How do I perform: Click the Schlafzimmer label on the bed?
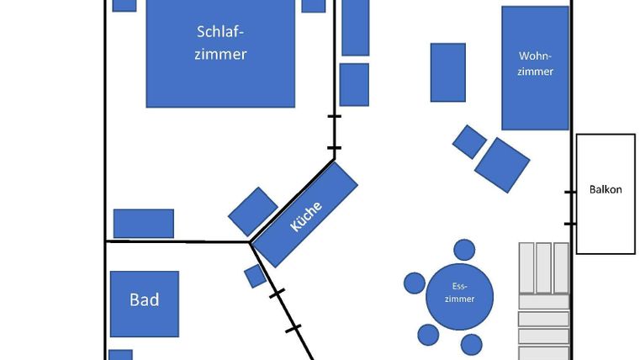220,43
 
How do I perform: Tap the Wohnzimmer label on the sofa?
535,64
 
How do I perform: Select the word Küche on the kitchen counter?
306,216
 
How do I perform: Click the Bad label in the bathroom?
144,300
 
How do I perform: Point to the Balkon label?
606,189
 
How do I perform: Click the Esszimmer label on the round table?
459,293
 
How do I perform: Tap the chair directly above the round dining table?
464,250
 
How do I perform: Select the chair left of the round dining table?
415,283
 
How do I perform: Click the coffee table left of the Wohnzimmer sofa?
448,72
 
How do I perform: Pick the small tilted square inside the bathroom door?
256,277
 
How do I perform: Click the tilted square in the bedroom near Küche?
253,211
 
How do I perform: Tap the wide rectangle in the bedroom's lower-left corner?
144,223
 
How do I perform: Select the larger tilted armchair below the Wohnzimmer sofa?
502,165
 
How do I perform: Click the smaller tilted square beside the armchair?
469,141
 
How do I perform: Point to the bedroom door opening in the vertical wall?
334,132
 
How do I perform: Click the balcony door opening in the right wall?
570,208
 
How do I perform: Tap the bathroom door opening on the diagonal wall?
285,311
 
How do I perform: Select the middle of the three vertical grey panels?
543,268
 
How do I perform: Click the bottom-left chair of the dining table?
428,335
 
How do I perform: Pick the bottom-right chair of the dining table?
472,345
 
